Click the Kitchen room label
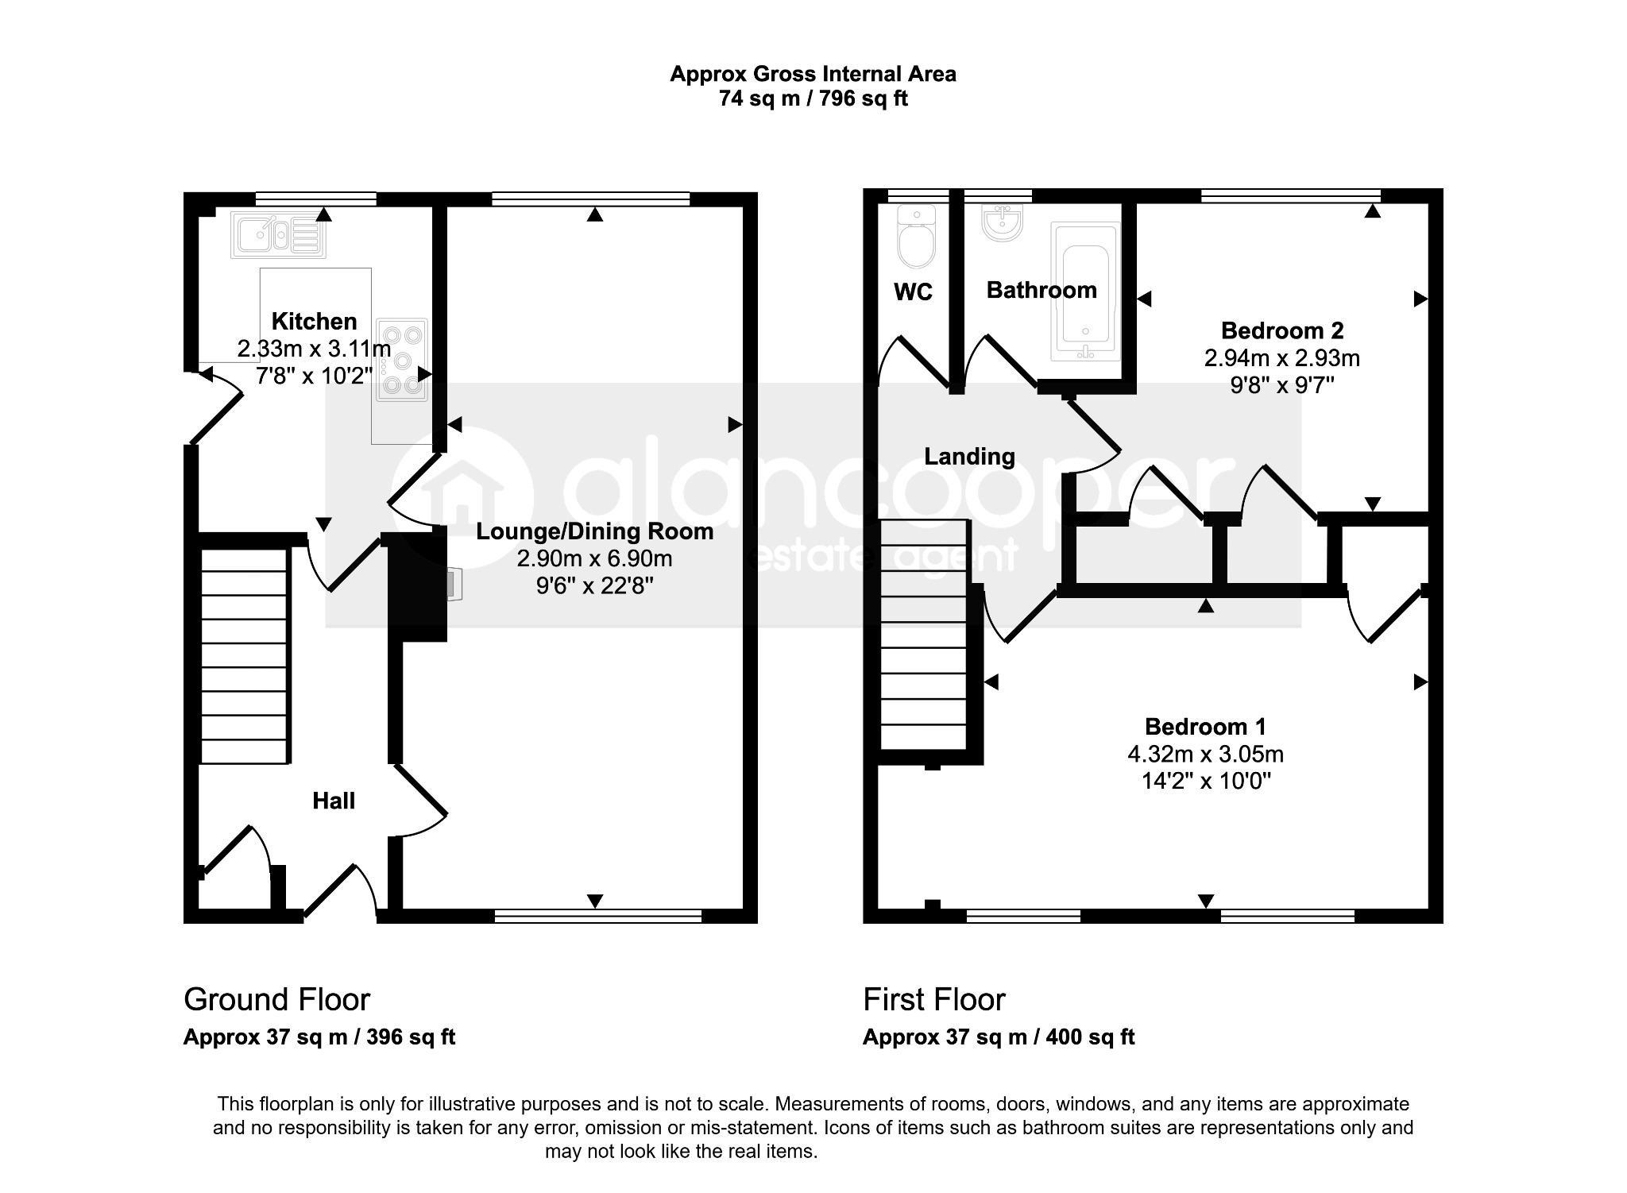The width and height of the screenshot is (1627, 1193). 314,321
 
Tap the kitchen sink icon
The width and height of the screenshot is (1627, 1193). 278,234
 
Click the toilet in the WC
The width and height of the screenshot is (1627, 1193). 917,237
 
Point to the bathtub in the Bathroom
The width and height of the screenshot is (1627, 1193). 1085,290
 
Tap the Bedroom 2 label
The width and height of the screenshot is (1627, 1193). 1282,330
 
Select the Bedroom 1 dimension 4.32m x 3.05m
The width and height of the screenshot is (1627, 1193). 1206,754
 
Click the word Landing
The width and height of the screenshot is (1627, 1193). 969,457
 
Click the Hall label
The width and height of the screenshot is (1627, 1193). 334,801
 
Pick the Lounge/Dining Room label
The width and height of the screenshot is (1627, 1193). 595,531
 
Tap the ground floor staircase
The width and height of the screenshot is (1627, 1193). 244,656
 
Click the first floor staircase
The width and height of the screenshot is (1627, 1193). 924,634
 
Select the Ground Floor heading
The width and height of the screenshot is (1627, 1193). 276,999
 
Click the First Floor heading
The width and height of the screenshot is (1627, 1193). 934,999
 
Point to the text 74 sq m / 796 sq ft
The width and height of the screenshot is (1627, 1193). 813,98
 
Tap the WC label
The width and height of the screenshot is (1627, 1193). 913,292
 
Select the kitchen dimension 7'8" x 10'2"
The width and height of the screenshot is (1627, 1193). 314,375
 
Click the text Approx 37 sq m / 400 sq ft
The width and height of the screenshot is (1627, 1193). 999,1037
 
